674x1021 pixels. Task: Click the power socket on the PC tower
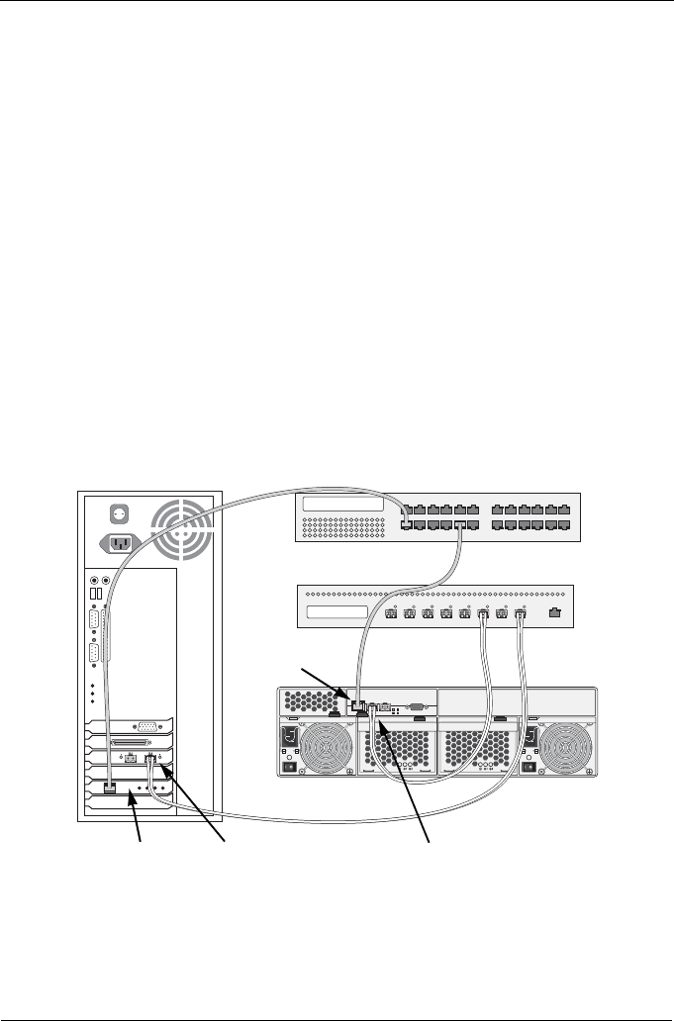(x=119, y=542)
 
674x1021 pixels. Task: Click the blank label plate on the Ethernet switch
(x=342, y=506)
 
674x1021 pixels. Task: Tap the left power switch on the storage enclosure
(x=290, y=766)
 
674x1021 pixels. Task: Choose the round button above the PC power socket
(x=119, y=514)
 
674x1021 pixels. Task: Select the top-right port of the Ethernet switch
(x=563, y=508)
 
